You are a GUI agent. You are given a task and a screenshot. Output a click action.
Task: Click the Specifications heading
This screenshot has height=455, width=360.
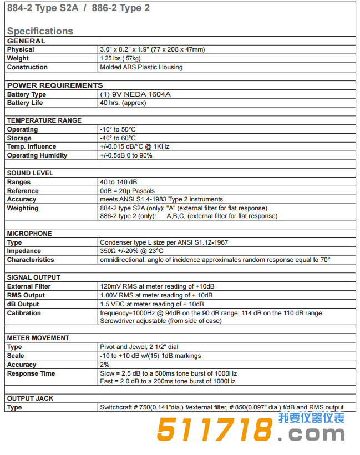pyautogui.click(x=40, y=31)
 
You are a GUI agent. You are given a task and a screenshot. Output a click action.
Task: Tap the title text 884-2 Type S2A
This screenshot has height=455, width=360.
pyautogui.click(x=42, y=8)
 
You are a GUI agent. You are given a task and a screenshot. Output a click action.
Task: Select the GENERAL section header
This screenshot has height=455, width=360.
pyautogui.click(x=26, y=41)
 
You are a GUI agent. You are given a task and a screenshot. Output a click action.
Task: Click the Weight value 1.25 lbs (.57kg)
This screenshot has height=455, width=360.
pyautogui.click(x=120, y=58)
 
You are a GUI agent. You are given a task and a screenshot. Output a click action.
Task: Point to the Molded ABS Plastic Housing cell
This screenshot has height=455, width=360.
pyautogui.click(x=141, y=67)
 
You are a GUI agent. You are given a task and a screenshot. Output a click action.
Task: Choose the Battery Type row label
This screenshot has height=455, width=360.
pyautogui.click(x=27, y=94)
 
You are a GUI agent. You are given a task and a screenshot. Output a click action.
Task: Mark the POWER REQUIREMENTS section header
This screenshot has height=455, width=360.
pyautogui.click(x=55, y=85)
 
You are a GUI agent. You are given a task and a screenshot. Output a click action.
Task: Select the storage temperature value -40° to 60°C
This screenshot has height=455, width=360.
pyautogui.click(x=118, y=138)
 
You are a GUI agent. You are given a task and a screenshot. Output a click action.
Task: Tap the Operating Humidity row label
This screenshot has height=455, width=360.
pyautogui.click(x=37, y=156)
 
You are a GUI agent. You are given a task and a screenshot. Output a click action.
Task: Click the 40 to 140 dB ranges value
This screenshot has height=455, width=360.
pyautogui.click(x=119, y=182)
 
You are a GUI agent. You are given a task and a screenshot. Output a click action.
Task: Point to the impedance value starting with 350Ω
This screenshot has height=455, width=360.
pyautogui.click(x=131, y=251)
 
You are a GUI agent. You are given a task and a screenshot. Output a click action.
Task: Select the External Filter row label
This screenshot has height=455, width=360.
pyautogui.click(x=29, y=286)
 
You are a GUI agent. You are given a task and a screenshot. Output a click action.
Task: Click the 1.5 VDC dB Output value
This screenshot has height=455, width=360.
pyautogui.click(x=151, y=304)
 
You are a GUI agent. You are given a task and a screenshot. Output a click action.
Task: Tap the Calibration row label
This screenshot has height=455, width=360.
pyautogui.click(x=24, y=313)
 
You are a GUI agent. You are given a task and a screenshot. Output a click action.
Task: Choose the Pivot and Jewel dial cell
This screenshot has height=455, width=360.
pyautogui.click(x=139, y=347)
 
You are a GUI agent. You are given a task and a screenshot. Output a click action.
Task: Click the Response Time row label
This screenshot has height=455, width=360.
pyautogui.click(x=31, y=373)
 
